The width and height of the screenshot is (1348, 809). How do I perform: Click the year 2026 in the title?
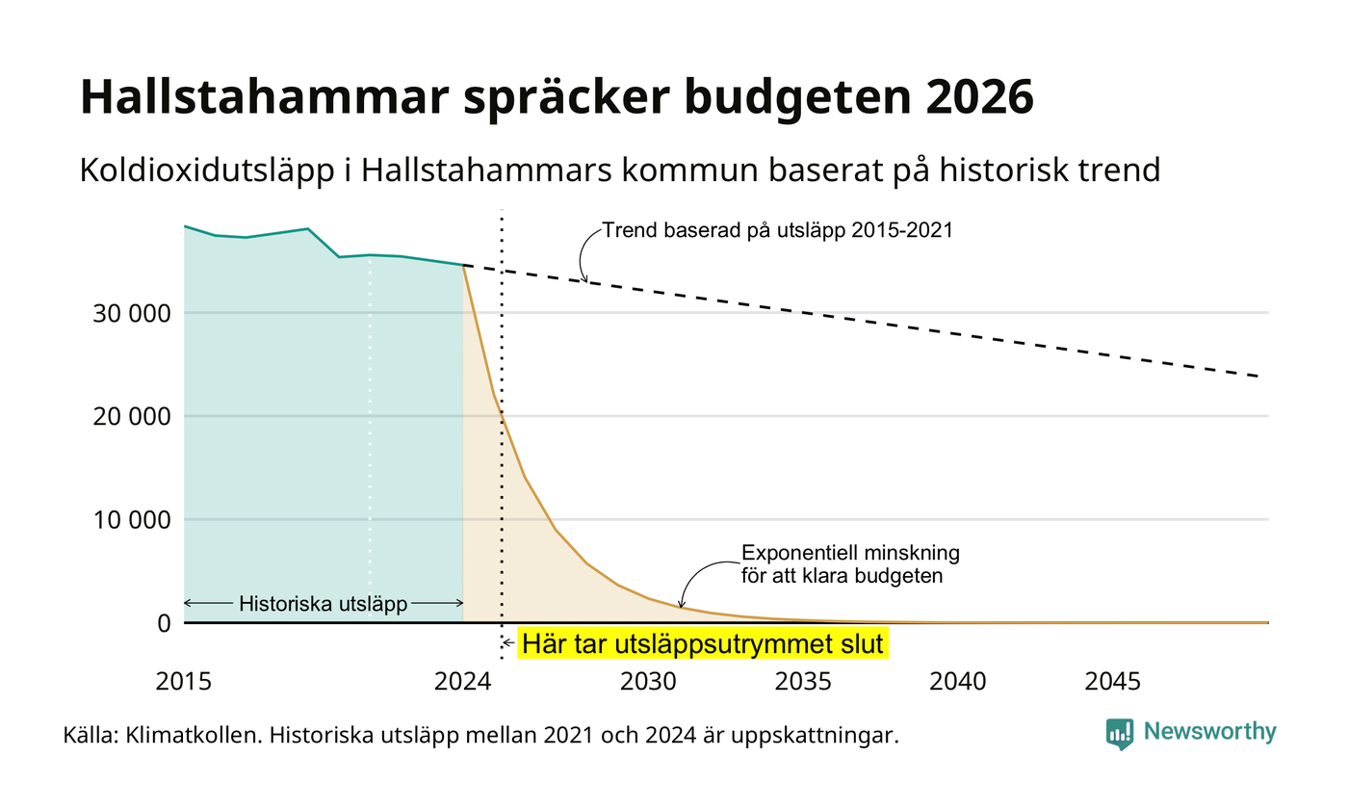pos(980,96)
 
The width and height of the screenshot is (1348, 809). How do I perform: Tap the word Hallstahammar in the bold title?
pos(265,96)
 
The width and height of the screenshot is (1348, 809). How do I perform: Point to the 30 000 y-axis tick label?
pos(132,314)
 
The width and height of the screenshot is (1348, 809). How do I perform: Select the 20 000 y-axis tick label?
pos(132,416)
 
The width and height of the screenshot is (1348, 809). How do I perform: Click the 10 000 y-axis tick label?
pos(132,520)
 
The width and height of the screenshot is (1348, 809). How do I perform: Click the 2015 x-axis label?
pos(184,682)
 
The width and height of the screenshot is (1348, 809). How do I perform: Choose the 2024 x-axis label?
pos(463,682)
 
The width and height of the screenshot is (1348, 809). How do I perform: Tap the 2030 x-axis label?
pos(649,682)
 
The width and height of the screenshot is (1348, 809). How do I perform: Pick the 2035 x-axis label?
pos(803,682)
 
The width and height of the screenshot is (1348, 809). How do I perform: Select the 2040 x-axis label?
pos(958,682)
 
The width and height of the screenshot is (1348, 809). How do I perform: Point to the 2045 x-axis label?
pos(1113,682)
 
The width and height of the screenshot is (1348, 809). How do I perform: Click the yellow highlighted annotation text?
pos(703,644)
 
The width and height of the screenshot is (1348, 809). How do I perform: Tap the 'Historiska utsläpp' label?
pos(324,604)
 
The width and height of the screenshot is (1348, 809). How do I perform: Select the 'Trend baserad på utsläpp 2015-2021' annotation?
pos(778,230)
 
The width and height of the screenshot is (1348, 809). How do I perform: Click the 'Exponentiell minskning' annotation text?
pos(850,553)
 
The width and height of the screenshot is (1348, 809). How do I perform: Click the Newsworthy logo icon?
pos(1119,734)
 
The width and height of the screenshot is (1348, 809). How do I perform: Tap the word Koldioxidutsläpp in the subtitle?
pos(207,171)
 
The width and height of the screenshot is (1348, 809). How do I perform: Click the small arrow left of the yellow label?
pos(508,643)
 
